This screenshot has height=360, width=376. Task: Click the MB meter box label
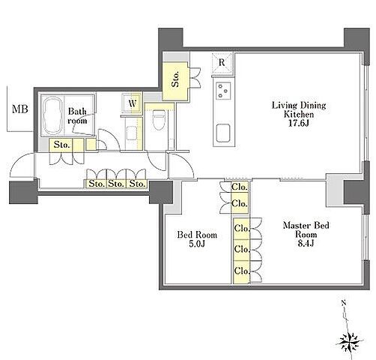click(x=20, y=109)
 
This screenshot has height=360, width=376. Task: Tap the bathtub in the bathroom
click(x=52, y=115)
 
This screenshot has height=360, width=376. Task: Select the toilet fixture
click(x=159, y=120)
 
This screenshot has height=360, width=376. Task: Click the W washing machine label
click(x=133, y=103)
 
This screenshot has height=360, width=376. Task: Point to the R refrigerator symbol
click(x=222, y=62)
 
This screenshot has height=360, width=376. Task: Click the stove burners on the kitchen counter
click(x=223, y=91)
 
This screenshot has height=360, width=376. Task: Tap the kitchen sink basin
click(x=223, y=133)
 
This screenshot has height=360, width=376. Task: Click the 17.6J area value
click(x=299, y=124)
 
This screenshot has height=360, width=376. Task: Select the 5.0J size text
click(x=197, y=244)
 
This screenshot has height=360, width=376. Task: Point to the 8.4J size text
click(x=306, y=243)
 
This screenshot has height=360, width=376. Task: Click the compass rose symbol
click(x=350, y=342)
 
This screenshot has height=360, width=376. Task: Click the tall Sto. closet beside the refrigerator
click(x=175, y=82)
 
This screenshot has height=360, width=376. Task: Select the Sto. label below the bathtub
click(x=61, y=145)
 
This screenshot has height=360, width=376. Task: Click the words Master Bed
click(x=306, y=226)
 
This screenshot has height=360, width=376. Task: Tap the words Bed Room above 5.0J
click(x=197, y=235)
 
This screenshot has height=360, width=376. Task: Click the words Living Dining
click(x=299, y=105)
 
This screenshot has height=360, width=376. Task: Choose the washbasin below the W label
click(x=131, y=133)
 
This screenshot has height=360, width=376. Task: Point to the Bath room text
click(x=78, y=116)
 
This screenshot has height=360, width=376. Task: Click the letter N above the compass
click(x=344, y=303)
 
